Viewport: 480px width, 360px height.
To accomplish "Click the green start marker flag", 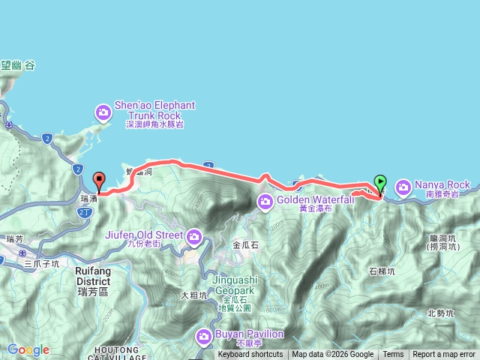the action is pos(380,182).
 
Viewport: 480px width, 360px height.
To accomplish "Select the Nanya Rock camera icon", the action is pos(403,185).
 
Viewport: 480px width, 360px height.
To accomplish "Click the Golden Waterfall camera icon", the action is pos(265,200).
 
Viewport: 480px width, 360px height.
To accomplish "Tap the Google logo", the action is pos(28,349).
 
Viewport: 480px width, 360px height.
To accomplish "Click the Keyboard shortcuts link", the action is pos(250,355).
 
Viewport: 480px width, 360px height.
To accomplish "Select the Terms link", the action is pos(393,355).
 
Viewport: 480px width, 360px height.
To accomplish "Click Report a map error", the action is pos(444,355).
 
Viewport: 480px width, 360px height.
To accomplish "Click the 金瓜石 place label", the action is pos(246,244).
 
